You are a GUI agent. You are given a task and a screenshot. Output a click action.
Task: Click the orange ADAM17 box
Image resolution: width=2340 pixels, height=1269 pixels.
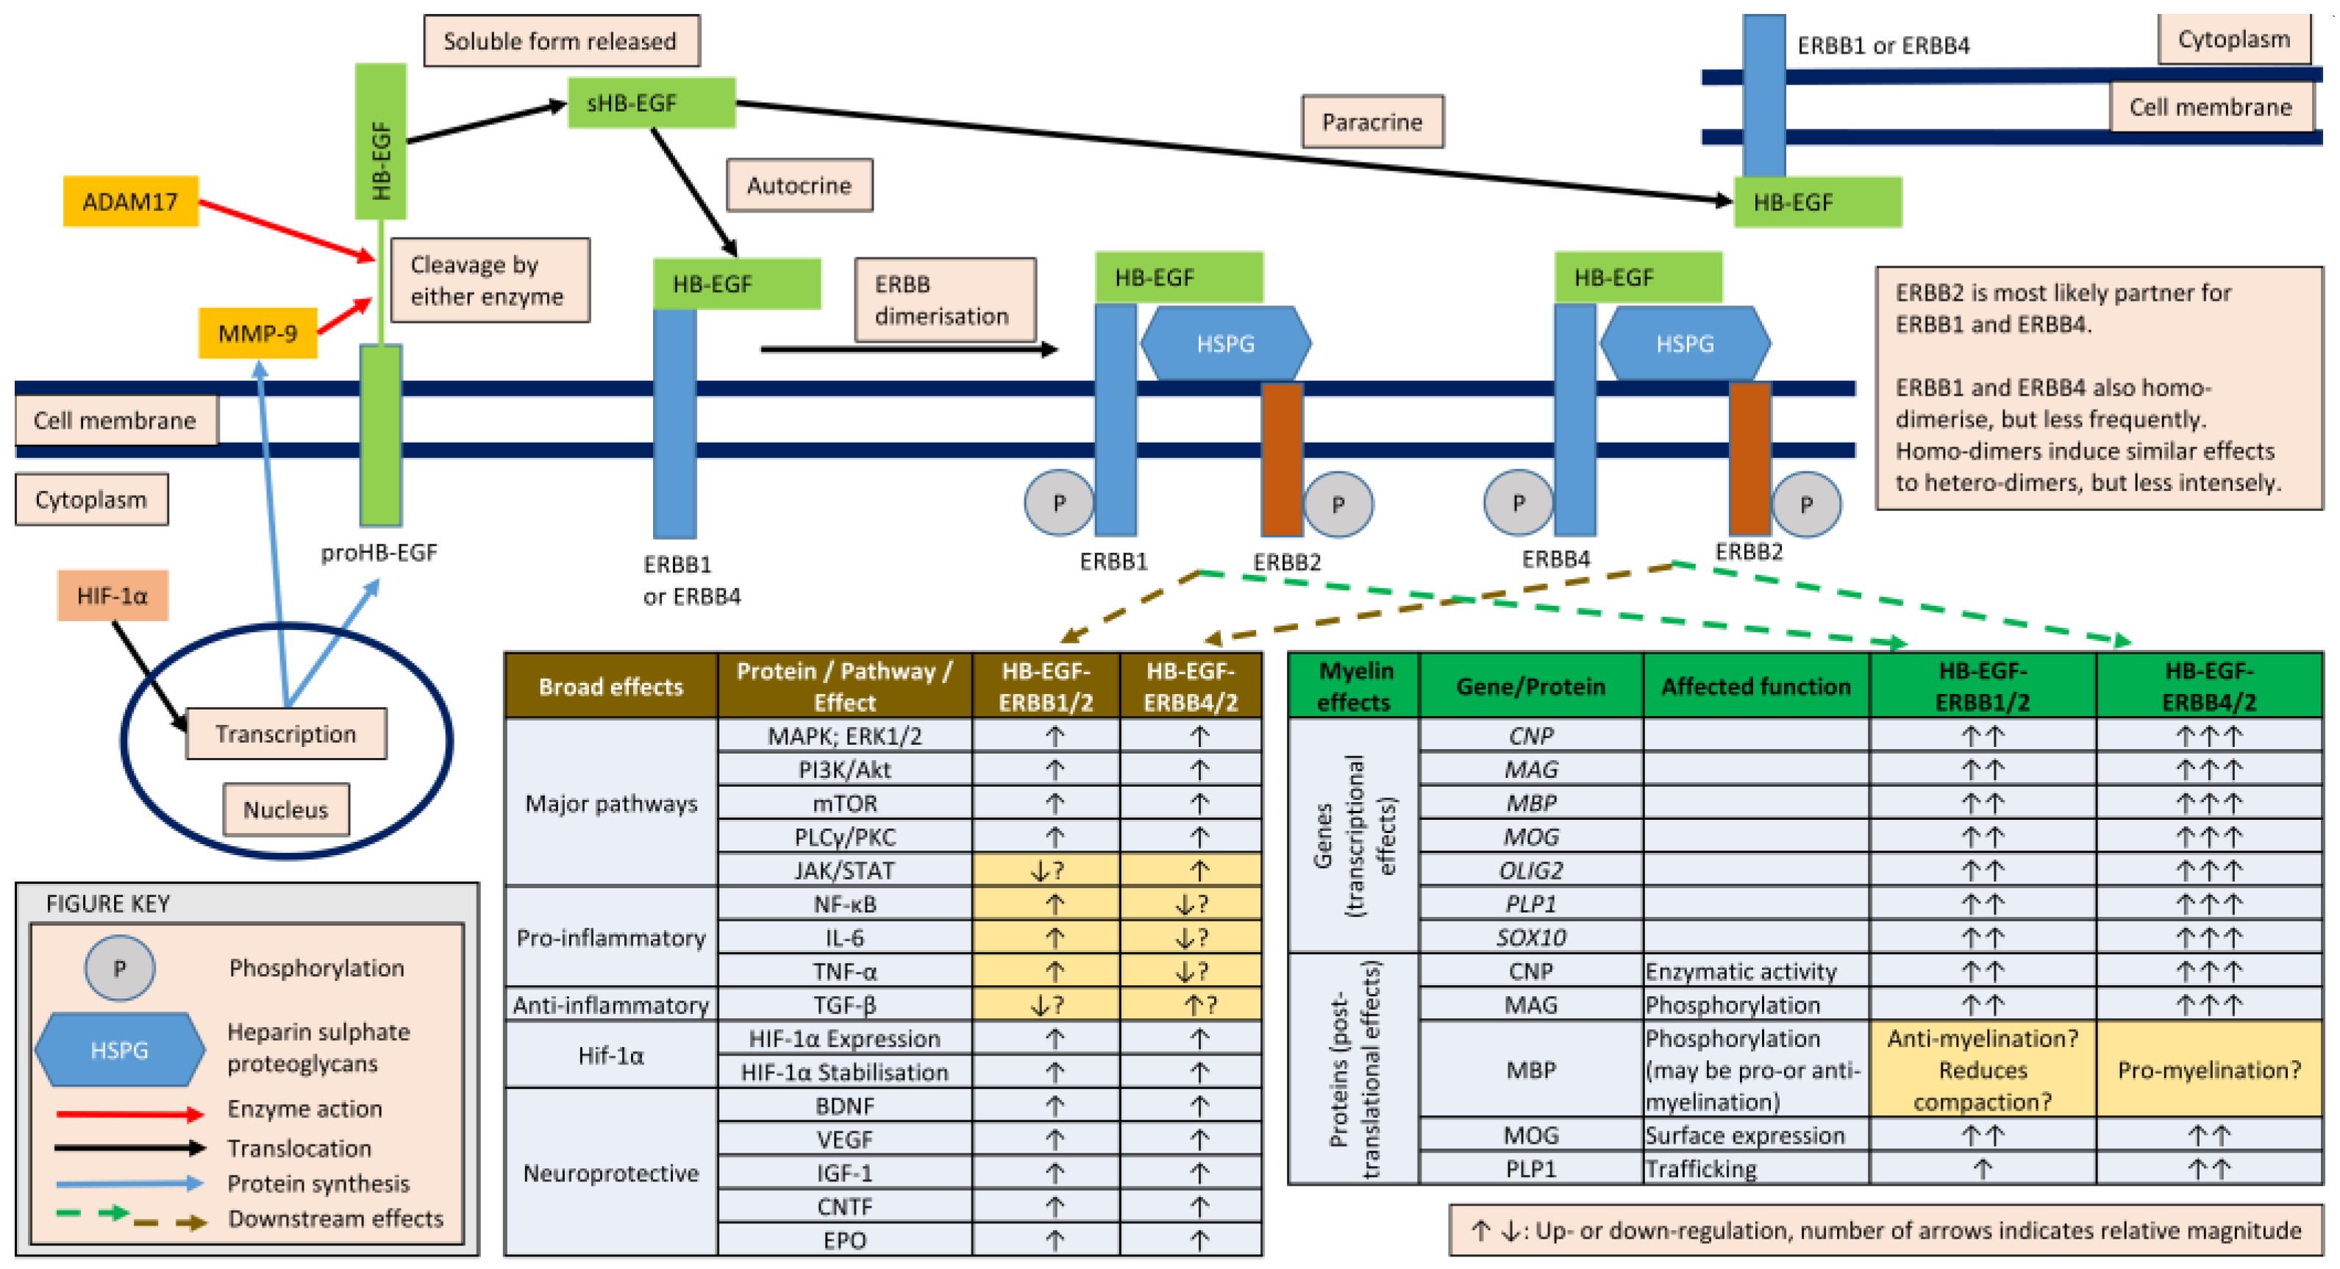point(130,201)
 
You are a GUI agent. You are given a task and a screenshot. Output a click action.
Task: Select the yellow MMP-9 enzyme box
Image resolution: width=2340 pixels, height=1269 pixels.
point(257,332)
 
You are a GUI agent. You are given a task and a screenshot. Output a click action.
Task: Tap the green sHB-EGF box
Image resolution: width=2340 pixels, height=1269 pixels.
point(650,103)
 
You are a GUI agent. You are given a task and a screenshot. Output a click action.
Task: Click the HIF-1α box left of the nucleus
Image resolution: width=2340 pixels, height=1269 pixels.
point(113,595)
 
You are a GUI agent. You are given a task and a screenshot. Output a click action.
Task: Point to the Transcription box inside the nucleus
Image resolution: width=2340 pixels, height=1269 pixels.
point(285,733)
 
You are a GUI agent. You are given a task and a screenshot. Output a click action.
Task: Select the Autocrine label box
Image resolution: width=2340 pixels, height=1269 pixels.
point(799,185)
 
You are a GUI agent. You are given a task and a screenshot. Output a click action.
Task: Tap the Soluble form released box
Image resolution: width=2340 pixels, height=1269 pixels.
point(560,41)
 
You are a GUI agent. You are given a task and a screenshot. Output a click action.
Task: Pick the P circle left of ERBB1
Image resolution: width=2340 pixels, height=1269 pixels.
point(1058,502)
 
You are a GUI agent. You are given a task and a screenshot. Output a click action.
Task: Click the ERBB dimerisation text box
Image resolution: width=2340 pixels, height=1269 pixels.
point(943,300)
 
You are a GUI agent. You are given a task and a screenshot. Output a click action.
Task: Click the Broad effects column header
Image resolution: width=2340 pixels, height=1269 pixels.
point(610,686)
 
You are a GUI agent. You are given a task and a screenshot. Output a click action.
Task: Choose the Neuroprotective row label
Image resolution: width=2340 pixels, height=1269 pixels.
point(610,1172)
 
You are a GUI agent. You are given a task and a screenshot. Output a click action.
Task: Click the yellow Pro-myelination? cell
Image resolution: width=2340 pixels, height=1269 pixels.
point(2208,1069)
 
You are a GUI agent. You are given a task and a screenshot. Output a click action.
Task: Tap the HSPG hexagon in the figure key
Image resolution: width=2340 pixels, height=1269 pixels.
point(119,1049)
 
